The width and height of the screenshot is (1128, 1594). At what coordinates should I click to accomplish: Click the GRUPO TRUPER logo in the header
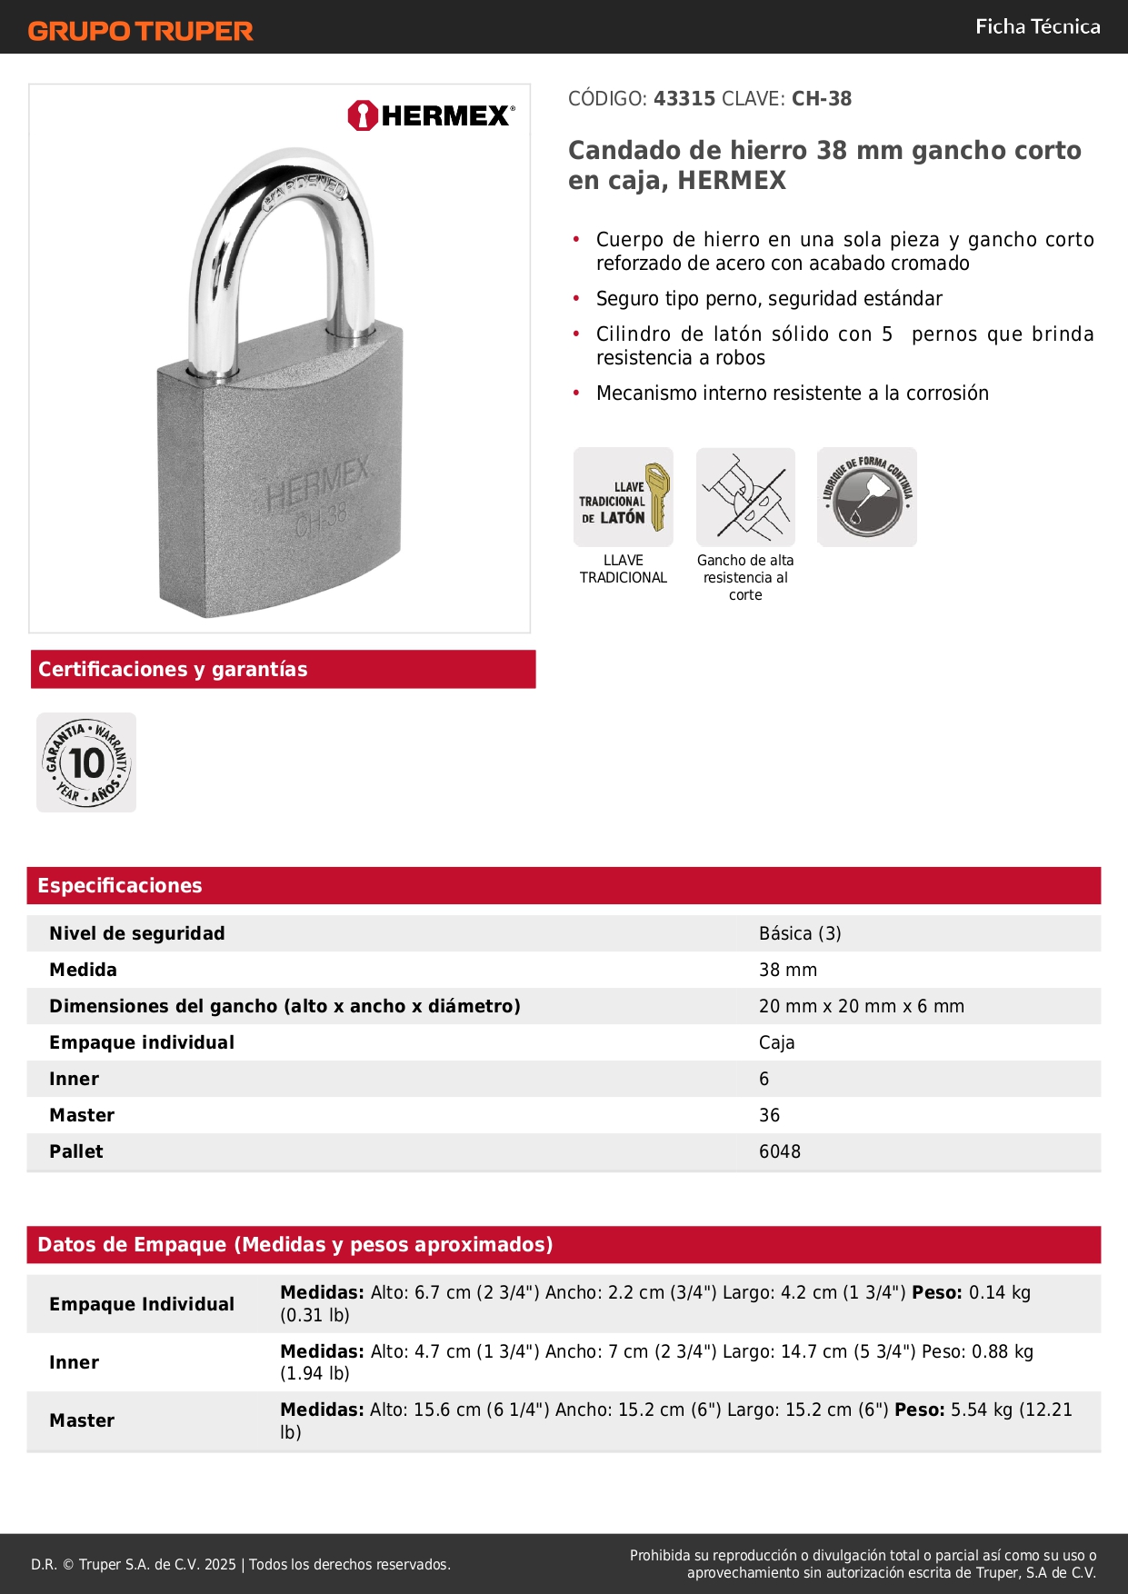140,31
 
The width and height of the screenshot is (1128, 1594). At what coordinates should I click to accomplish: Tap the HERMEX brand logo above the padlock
431,115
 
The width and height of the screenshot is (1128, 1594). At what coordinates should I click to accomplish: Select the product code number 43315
684,98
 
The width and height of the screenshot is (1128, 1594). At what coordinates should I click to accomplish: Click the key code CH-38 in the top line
822,98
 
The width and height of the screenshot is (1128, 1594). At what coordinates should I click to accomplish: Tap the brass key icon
624,497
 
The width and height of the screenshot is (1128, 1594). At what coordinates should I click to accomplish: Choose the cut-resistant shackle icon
745,497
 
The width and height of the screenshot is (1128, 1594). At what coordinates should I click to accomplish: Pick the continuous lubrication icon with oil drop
866,497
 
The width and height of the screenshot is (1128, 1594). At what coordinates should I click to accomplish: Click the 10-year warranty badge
86,762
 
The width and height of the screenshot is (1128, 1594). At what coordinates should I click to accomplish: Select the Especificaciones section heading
120,885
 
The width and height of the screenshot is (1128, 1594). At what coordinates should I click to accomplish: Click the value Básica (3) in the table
800,933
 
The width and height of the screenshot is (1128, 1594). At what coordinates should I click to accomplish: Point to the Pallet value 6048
780,1151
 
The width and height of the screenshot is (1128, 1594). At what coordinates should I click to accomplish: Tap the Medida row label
83,970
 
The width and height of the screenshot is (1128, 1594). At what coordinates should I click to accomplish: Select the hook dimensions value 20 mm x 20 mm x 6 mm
862,1006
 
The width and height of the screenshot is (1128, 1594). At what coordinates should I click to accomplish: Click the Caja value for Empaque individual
776,1042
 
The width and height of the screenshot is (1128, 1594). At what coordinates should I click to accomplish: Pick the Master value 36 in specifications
769,1115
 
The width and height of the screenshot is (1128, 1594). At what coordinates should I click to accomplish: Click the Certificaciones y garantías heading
173,669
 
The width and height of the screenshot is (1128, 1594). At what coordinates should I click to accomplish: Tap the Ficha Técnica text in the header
1037,26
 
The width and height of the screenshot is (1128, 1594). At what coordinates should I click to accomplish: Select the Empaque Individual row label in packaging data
142,1304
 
